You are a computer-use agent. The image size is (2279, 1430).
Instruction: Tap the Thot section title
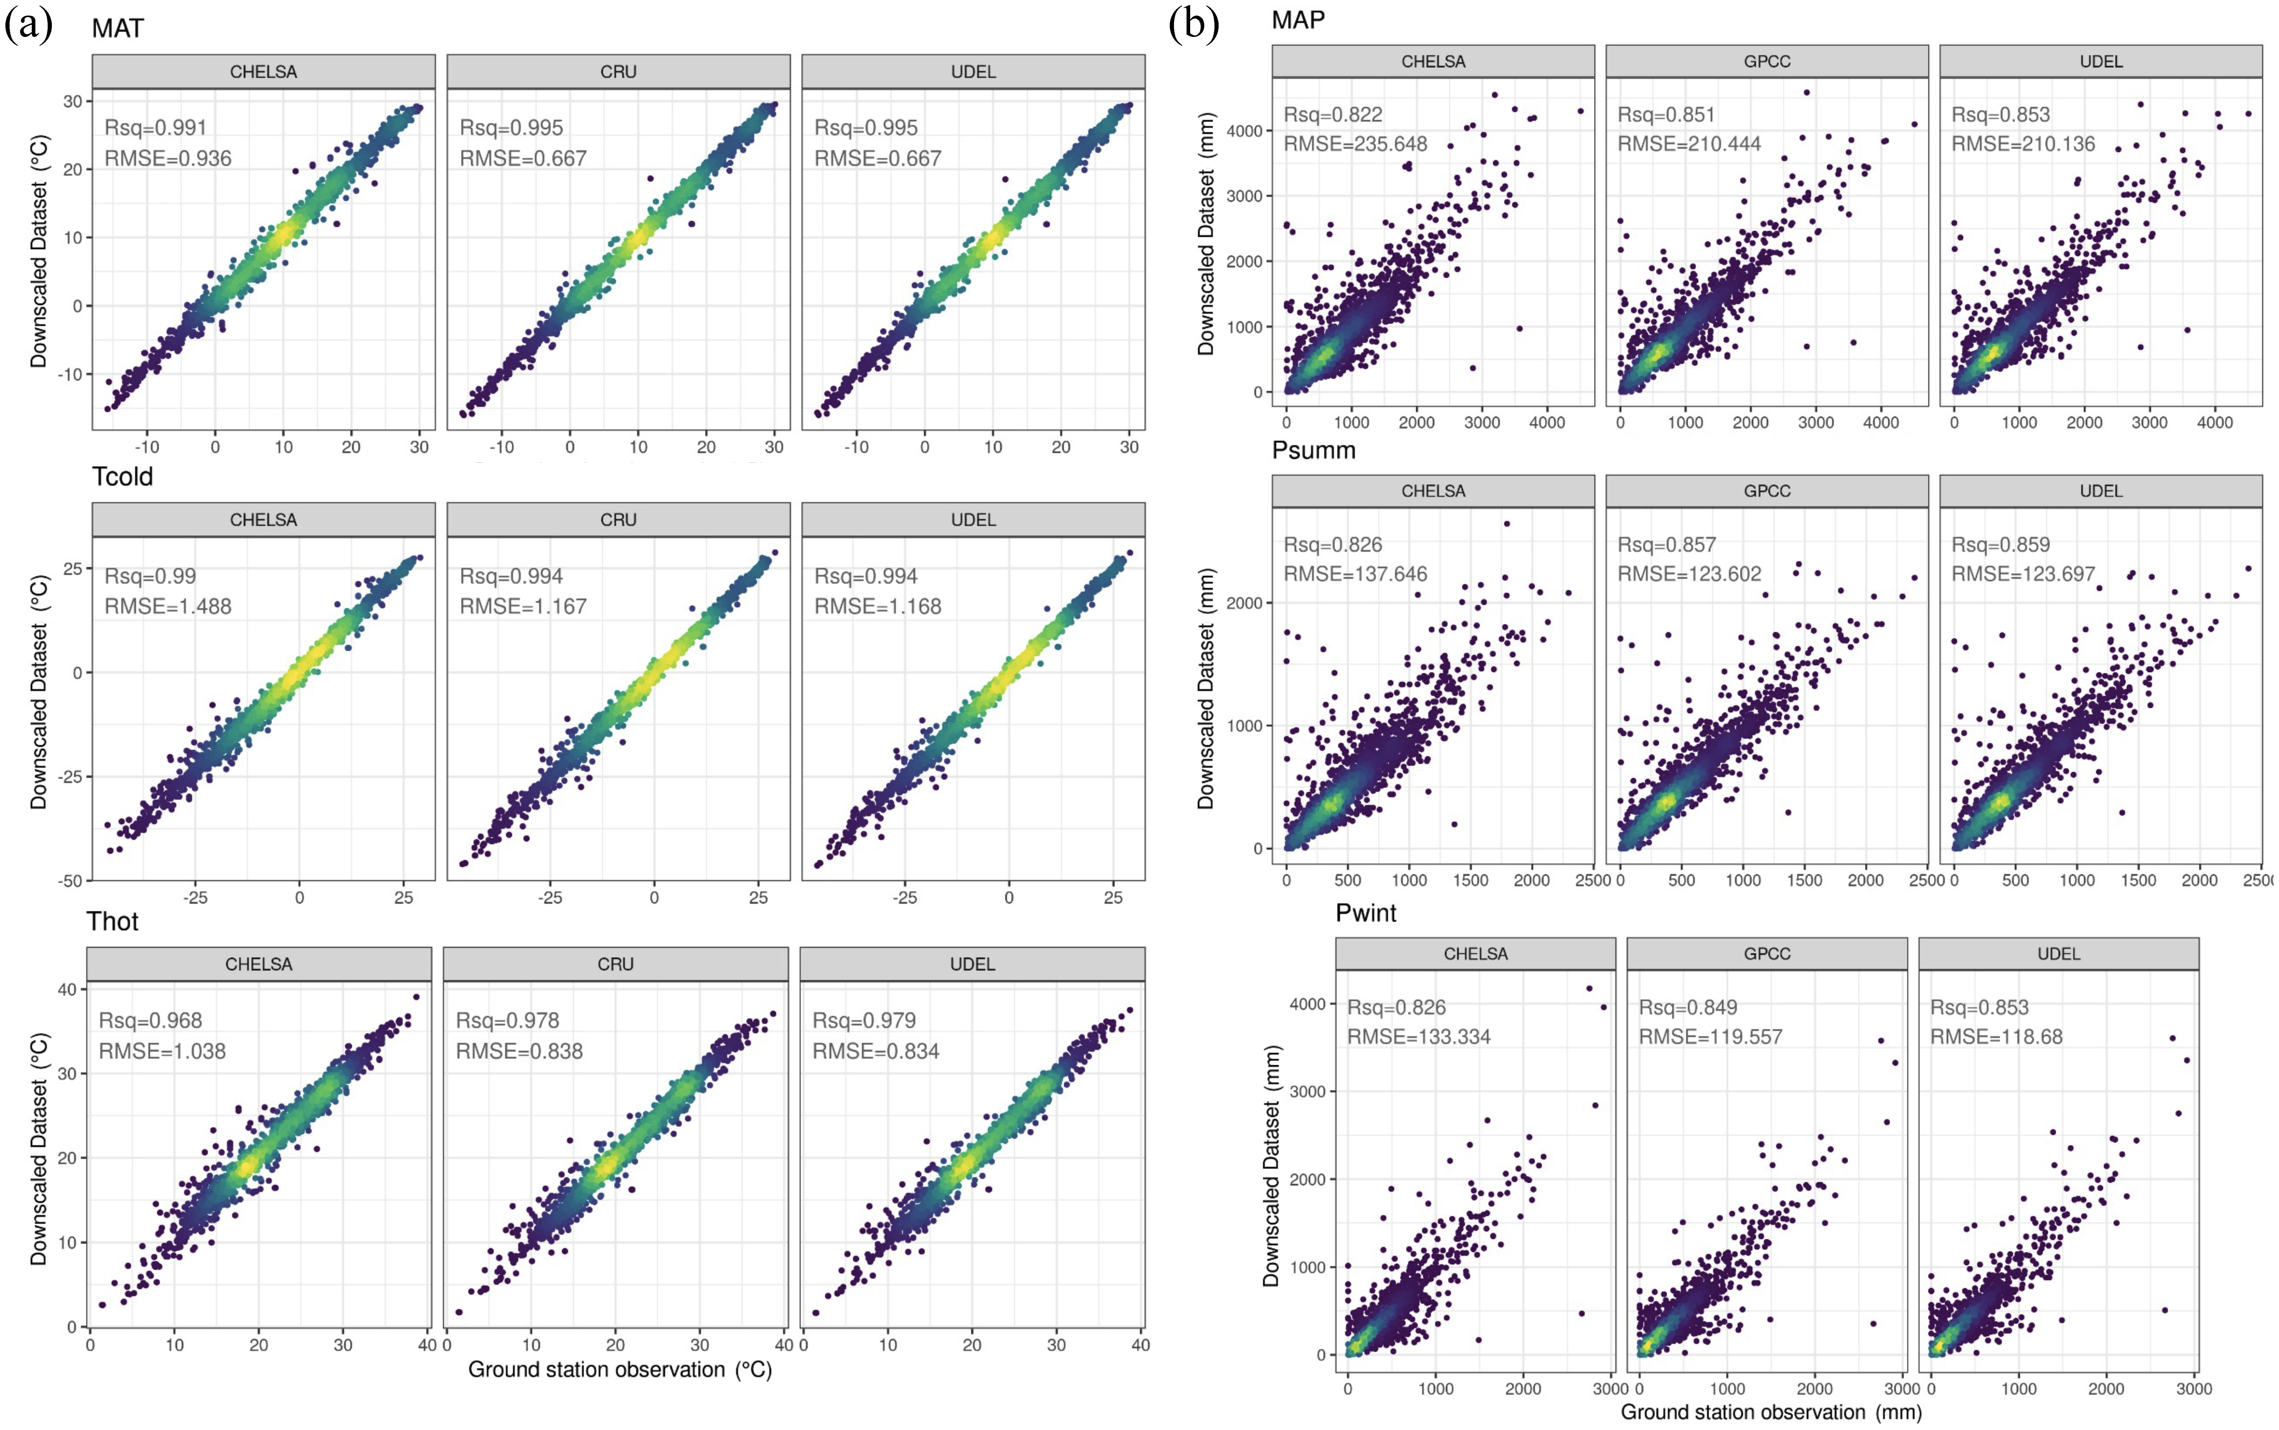click(112, 921)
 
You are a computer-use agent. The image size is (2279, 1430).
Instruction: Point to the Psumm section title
click(1313, 450)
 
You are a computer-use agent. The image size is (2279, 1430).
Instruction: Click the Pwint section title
click(1366, 913)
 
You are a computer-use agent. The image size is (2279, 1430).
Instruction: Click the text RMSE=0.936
click(167, 158)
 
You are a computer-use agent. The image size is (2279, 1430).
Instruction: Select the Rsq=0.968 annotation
click(150, 1020)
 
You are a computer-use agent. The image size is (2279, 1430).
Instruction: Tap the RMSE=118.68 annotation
click(1996, 1037)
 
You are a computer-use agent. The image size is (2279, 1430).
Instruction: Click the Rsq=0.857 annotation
click(1666, 545)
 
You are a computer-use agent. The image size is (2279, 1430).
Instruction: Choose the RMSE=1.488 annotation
click(167, 606)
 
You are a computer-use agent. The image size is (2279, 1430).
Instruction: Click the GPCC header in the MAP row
click(1766, 61)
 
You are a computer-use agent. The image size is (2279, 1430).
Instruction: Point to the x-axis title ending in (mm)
click(1770, 1412)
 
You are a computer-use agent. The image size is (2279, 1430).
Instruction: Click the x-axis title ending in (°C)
click(619, 1369)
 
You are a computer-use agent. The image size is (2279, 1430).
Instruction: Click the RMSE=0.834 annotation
click(876, 1051)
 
